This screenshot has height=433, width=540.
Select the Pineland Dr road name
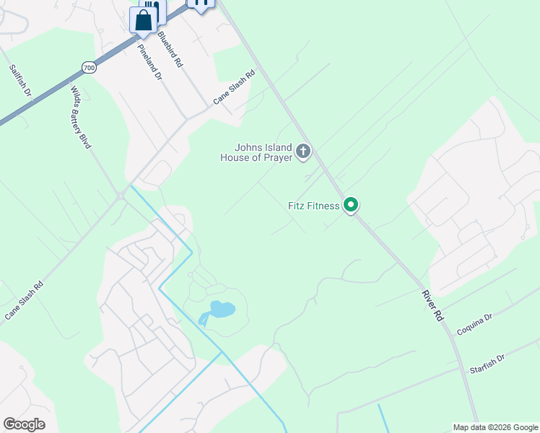click(x=149, y=62)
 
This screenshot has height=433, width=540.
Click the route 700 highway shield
click(x=89, y=67)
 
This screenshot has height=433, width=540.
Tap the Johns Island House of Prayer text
click(x=256, y=152)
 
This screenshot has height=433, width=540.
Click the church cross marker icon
click(x=304, y=152)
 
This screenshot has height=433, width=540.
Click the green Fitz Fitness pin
click(x=351, y=206)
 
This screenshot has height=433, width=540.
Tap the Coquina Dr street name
click(x=474, y=325)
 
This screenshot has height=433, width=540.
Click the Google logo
click(x=24, y=424)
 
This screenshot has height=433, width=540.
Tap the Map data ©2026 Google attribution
click(x=495, y=427)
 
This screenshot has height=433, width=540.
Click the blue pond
click(x=222, y=310)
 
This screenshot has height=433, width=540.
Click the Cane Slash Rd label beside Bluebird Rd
click(x=235, y=86)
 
